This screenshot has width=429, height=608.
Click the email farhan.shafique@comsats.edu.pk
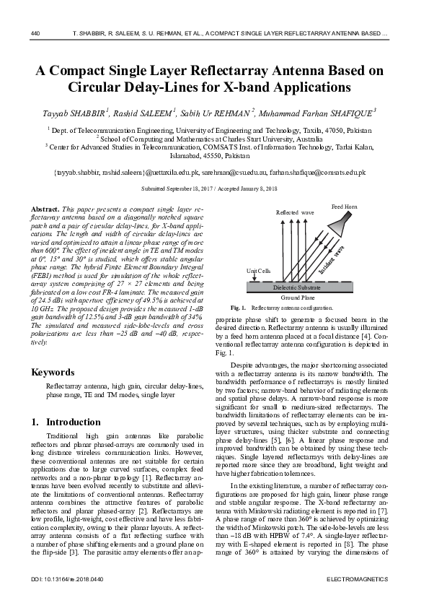[x=317, y=173]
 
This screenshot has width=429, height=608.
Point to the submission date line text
[x=214, y=189]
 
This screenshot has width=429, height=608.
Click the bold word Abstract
[x=45, y=208]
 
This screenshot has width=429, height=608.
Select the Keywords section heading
[x=53, y=373]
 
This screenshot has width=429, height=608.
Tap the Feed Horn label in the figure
[x=345, y=207]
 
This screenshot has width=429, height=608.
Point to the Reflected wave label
[x=296, y=213]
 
